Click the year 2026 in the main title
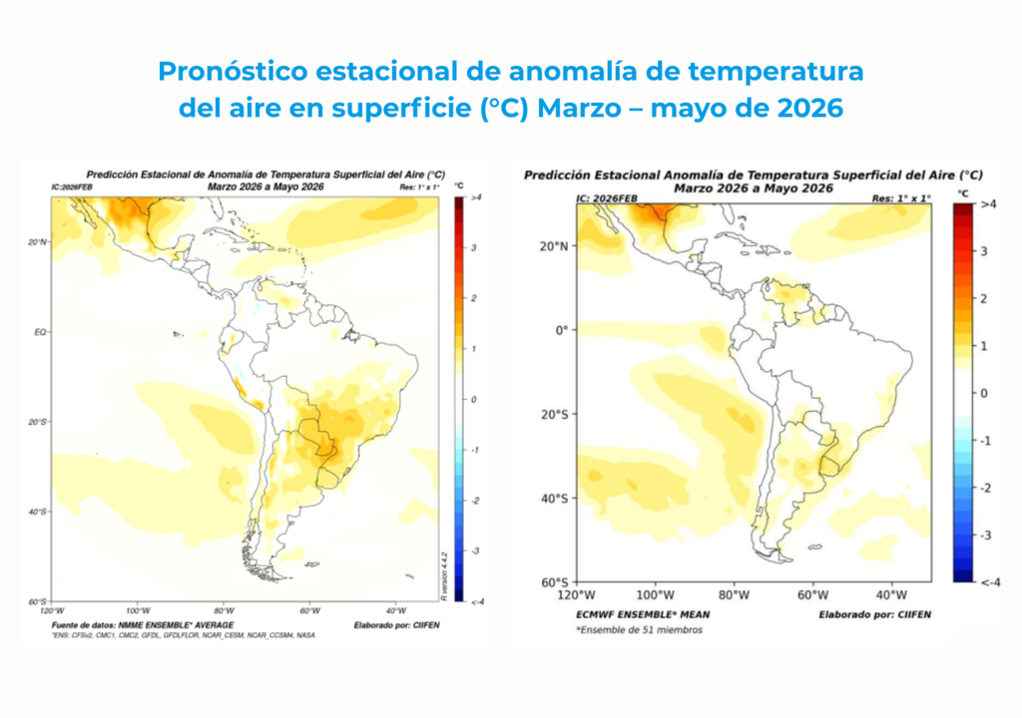(x=806, y=107)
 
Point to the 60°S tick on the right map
(x=554, y=582)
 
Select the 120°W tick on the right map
(x=577, y=595)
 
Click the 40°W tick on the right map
(x=890, y=595)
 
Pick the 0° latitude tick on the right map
(x=560, y=330)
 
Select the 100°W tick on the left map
(x=138, y=610)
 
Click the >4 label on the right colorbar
(x=989, y=204)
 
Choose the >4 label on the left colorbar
(x=476, y=197)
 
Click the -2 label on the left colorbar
(x=474, y=500)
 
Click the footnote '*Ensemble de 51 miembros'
(x=639, y=630)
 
